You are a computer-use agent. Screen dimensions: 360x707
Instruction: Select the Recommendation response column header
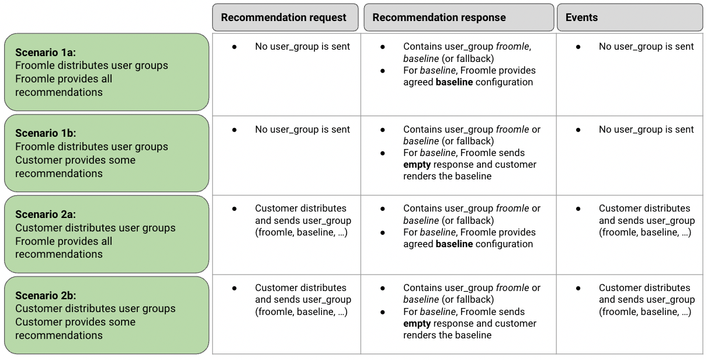click(459, 18)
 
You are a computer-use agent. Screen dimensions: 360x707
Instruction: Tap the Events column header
click(629, 18)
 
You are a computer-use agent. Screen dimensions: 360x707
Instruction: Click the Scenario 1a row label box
click(106, 72)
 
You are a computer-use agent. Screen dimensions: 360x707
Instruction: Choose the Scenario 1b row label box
click(106, 153)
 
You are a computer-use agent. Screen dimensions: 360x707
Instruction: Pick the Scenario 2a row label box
click(106, 234)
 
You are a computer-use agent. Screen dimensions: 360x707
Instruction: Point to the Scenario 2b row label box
click(106, 315)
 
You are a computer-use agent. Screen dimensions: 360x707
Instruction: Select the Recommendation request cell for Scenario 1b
click(286, 155)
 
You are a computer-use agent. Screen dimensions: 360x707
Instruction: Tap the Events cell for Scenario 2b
click(629, 314)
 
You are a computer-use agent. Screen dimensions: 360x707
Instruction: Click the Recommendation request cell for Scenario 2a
click(286, 234)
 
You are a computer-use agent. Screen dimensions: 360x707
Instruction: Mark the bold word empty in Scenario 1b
click(417, 165)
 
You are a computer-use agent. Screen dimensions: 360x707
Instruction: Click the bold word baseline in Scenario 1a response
click(454, 82)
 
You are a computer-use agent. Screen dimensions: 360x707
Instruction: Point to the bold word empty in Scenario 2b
click(417, 324)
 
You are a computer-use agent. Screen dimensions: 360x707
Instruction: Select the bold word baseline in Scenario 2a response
click(454, 244)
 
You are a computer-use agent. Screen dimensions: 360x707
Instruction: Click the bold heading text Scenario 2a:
click(46, 214)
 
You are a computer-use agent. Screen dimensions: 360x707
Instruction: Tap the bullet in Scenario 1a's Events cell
click(578, 47)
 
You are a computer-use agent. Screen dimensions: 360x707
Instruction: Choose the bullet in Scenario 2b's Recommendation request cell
click(234, 288)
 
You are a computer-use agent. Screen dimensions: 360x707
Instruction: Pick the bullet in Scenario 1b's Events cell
click(578, 130)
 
